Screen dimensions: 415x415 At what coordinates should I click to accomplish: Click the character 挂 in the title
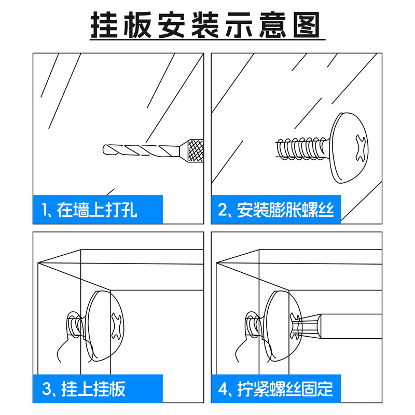click(104, 25)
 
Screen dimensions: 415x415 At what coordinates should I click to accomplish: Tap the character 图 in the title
click(307, 25)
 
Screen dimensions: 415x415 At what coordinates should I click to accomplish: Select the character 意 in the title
click(273, 25)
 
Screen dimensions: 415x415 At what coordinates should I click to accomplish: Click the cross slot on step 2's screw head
click(361, 148)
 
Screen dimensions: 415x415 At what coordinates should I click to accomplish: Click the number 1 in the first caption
click(44, 210)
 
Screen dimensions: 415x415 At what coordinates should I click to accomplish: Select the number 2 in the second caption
click(223, 210)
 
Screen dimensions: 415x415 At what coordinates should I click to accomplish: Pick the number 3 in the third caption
click(47, 389)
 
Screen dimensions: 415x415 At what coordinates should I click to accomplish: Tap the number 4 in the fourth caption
click(223, 389)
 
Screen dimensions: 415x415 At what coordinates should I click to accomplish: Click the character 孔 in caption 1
click(129, 210)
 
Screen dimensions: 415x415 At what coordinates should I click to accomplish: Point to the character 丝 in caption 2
click(326, 210)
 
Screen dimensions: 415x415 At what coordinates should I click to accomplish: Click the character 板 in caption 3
click(117, 389)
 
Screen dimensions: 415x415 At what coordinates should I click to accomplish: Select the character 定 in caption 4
click(325, 389)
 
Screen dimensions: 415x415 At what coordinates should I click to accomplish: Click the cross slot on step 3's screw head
click(117, 326)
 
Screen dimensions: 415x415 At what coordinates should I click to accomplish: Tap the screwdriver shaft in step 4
click(351, 326)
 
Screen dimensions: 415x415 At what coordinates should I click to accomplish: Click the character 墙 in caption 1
click(81, 210)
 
